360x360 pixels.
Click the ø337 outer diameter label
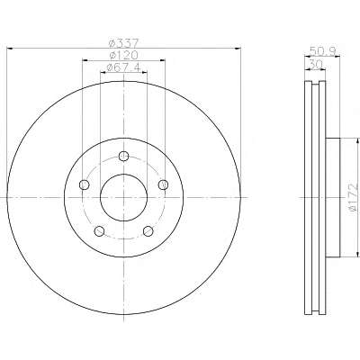tap(123, 44)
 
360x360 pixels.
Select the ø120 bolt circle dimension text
tap(123, 55)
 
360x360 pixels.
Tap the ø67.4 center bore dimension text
tap(123, 67)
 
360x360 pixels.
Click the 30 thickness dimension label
tap(315, 64)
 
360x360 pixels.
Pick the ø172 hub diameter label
tap(355, 197)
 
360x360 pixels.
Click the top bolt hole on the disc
tap(123, 156)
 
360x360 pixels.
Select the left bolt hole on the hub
tap(84, 184)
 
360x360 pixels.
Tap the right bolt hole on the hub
tap(163, 184)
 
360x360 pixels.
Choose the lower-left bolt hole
tap(99, 231)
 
